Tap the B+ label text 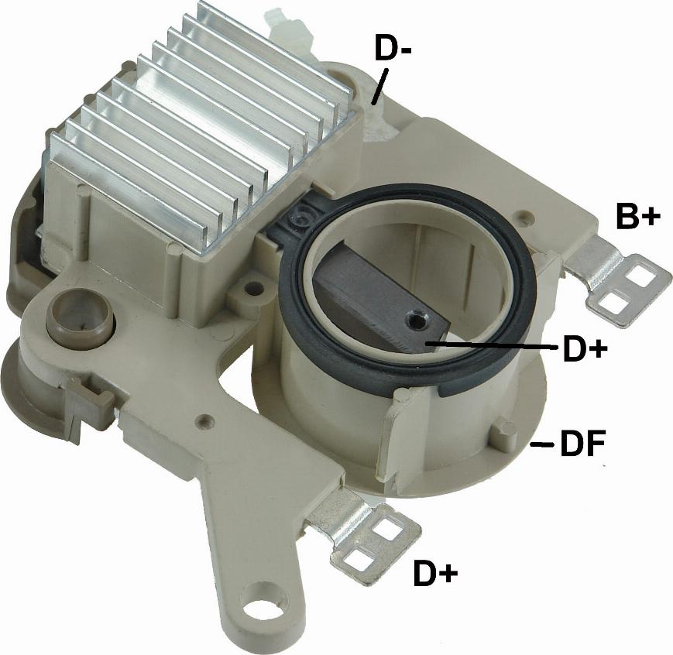(x=638, y=215)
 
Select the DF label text (x=583, y=444)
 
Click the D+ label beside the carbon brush (x=585, y=349)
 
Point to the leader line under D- (x=379, y=87)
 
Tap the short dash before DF (x=542, y=445)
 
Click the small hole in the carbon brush (x=414, y=318)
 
